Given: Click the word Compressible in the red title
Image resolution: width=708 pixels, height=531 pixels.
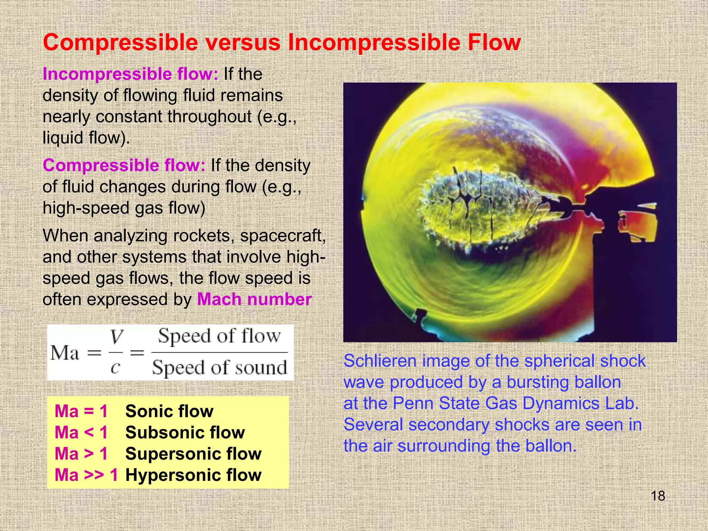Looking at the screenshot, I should (120, 43).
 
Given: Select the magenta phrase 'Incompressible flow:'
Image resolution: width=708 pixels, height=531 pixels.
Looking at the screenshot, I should (130, 74).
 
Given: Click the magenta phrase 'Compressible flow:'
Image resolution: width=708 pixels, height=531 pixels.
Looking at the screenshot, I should (124, 165).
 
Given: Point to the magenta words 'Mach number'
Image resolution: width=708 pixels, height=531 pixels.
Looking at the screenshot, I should (254, 299).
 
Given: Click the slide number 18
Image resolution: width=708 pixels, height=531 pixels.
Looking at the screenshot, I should (658, 496).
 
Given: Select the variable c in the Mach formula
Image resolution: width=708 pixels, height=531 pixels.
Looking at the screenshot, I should (115, 367).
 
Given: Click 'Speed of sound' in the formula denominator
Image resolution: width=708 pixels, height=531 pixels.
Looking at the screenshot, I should (220, 367).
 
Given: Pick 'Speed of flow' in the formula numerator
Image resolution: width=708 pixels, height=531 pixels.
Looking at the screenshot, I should (220, 336).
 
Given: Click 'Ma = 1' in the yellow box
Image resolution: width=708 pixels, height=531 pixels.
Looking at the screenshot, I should (81, 411).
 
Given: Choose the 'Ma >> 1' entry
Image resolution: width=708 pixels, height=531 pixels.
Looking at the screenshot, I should (86, 475).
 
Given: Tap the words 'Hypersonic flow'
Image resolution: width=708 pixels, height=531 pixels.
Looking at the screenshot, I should (193, 475).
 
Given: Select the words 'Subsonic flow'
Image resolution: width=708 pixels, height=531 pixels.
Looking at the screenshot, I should (185, 432).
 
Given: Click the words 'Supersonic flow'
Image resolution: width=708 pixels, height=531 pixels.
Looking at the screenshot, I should (193, 454).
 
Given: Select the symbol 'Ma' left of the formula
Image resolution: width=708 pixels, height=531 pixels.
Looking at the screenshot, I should (65, 353).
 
